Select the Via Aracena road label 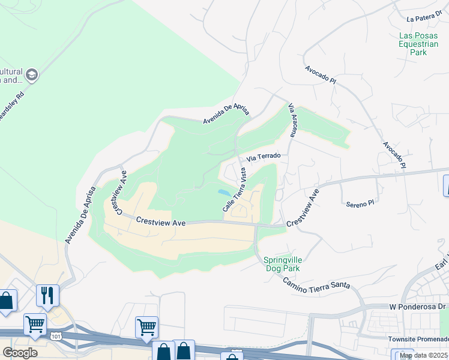coord(293,118)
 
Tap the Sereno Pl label coord(360,204)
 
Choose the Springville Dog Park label coord(282,264)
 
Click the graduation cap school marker coord(32,75)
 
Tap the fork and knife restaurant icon coord(48,295)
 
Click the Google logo coord(20,353)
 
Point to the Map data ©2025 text coord(424,356)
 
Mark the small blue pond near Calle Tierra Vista coord(223,193)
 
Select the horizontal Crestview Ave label coord(160,221)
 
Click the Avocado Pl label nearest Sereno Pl coord(394,154)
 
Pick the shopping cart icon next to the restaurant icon coord(35,324)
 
